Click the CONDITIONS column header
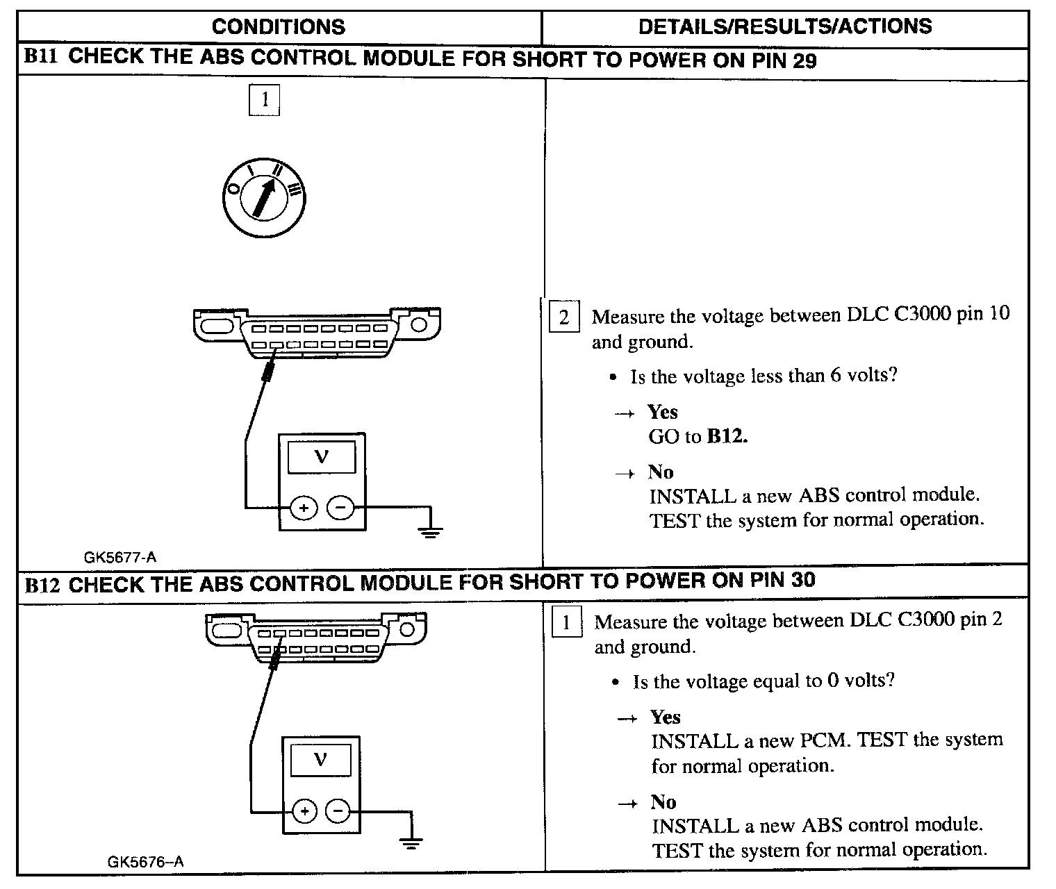click(278, 27)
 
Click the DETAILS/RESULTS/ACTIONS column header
click(785, 26)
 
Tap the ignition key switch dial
click(265, 197)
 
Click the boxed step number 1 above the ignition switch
click(264, 100)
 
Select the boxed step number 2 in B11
click(564, 317)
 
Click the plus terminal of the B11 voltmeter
click(304, 508)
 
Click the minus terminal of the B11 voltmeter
click(340, 508)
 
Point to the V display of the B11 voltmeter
click(322, 458)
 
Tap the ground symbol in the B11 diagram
click(431, 531)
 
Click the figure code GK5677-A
click(120, 557)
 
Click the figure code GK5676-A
click(145, 862)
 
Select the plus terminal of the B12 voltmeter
click(304, 811)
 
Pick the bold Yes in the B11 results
click(663, 412)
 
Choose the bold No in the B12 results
click(663, 802)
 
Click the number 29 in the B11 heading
click(804, 60)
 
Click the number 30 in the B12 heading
click(802, 580)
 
